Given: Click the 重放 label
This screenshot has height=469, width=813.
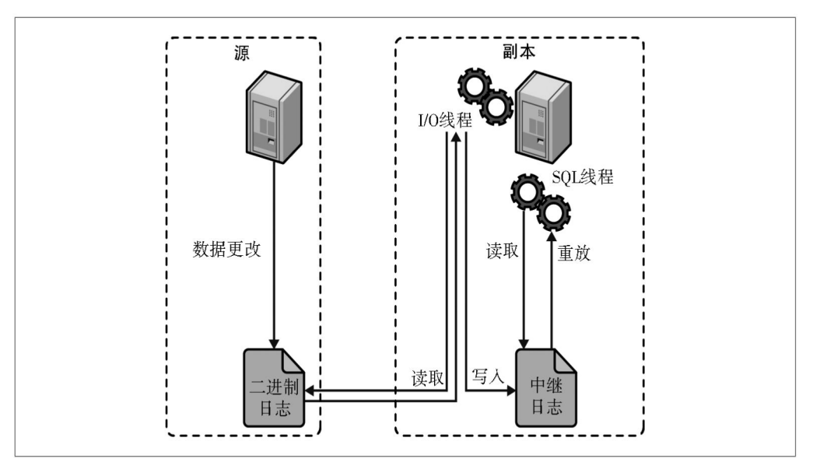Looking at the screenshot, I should point(573,254).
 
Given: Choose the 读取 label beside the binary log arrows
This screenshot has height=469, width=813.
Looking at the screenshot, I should point(428,379).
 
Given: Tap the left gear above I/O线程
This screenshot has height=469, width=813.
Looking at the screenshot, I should point(473,85).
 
